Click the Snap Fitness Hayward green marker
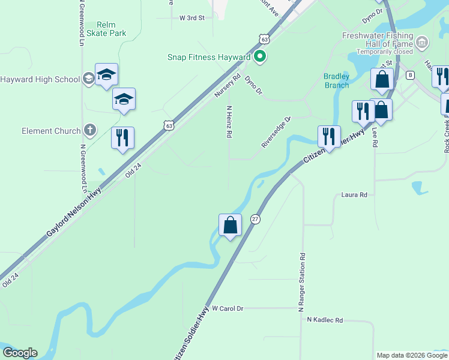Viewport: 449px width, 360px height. pyautogui.click(x=260, y=57)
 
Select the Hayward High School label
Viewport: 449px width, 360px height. pyautogui.click(x=40, y=79)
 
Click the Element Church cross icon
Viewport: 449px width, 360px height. pyautogui.click(x=89, y=130)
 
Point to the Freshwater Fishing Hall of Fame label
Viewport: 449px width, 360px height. pyautogui.click(x=378, y=40)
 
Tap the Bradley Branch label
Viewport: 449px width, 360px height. pyautogui.click(x=336, y=80)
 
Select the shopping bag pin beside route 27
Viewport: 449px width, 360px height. pyautogui.click(x=230, y=226)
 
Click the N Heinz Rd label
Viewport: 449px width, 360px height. pyautogui.click(x=229, y=122)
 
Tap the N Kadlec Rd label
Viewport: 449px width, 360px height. pyautogui.click(x=324, y=320)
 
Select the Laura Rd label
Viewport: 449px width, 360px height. pyautogui.click(x=354, y=195)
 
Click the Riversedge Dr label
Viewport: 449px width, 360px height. pyautogui.click(x=276, y=132)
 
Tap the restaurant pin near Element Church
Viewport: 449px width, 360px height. pyautogui.click(x=122, y=138)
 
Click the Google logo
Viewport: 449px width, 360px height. pyautogui.click(x=20, y=353)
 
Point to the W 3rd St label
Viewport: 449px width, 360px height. pyautogui.click(x=192, y=18)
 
